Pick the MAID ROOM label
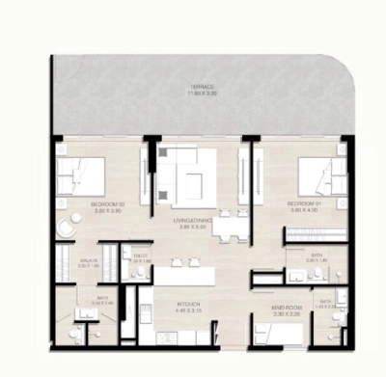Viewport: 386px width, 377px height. [286, 308]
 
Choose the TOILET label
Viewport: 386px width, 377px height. [139, 256]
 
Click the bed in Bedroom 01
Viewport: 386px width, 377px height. [317, 177]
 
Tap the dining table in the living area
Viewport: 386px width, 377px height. [228, 226]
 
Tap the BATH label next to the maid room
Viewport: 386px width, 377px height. [327, 302]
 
